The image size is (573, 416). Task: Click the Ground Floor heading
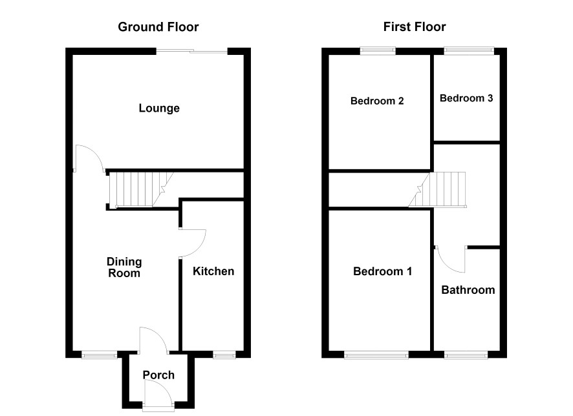(158, 27)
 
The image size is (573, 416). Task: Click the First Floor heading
(415, 27)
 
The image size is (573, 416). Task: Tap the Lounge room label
(159, 108)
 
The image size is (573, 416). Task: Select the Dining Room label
(124, 267)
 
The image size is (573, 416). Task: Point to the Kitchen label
(213, 271)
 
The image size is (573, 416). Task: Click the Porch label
(158, 375)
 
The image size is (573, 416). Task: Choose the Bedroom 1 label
(383, 271)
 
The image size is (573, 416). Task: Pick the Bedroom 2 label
(377, 101)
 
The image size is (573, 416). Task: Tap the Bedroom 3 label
(466, 98)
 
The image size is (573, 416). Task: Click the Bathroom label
(468, 290)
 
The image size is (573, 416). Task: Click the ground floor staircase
(141, 190)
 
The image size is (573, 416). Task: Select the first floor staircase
(437, 189)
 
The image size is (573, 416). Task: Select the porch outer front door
(158, 394)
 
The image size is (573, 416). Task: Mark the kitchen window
(224, 355)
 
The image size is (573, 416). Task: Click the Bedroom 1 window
(376, 355)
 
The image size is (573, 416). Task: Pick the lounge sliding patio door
(192, 52)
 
